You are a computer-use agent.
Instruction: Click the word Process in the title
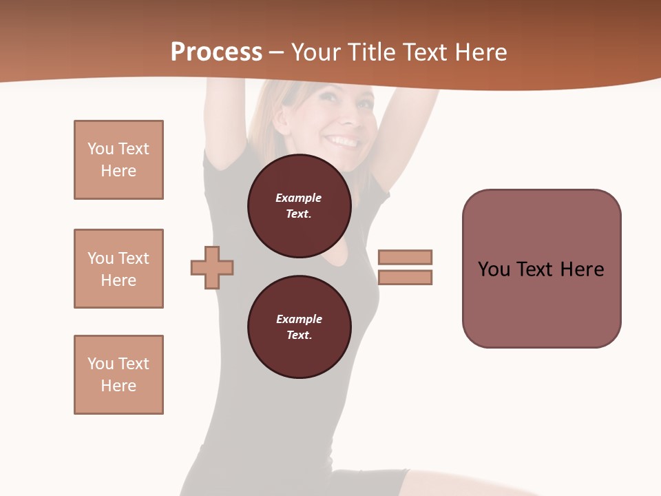(x=216, y=52)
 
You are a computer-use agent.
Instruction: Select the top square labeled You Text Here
(x=118, y=160)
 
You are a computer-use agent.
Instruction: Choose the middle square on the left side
(x=118, y=269)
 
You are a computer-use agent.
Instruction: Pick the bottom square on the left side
(x=118, y=375)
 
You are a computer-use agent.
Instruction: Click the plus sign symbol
(x=212, y=267)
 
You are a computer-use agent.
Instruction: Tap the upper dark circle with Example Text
(x=299, y=206)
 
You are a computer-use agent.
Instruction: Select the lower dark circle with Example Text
(x=299, y=327)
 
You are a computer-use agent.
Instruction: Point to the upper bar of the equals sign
(x=405, y=257)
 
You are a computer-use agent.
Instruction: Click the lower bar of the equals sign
(x=405, y=278)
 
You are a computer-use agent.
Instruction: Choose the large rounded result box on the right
(x=541, y=269)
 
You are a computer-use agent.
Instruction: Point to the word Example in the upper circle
(x=299, y=198)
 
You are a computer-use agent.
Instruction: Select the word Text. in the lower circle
(x=299, y=335)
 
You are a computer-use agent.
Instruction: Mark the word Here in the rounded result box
(x=582, y=269)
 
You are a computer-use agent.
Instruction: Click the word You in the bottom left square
(x=101, y=364)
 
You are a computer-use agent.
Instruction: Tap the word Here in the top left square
(x=118, y=171)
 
